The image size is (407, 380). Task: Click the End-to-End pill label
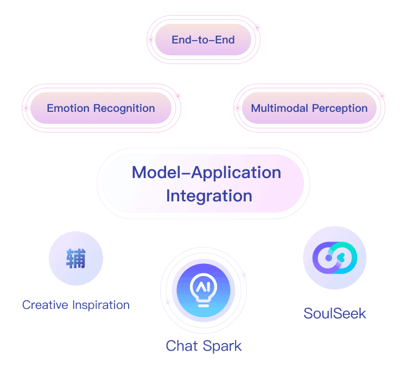click(203, 40)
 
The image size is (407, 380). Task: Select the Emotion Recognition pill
click(101, 108)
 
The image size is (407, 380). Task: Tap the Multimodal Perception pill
click(309, 108)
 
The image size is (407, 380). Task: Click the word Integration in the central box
click(209, 195)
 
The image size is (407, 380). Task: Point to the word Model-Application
click(206, 173)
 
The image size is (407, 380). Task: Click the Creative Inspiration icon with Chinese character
click(76, 258)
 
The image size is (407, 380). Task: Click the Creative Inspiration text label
click(76, 305)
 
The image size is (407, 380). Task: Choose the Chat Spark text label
click(203, 346)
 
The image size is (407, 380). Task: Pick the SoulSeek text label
click(335, 313)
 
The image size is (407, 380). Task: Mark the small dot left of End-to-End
click(151, 40)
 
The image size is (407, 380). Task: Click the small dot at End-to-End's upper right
click(257, 27)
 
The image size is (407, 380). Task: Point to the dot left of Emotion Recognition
click(26, 108)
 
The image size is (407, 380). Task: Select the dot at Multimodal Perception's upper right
click(382, 96)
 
